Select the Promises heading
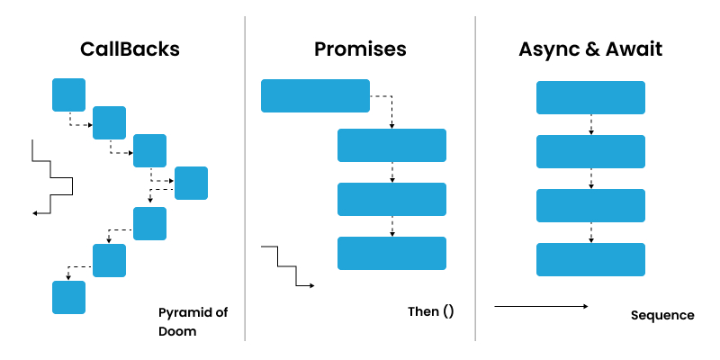click(360, 49)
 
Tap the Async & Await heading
click(590, 49)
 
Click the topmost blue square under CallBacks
click(68, 94)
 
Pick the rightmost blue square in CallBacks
click(191, 183)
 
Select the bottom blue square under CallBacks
click(68, 297)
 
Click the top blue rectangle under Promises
click(315, 95)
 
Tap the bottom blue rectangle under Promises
click(391, 253)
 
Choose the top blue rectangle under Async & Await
click(590, 97)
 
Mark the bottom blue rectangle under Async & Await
click(590, 259)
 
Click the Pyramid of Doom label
click(193, 321)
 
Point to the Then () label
click(431, 312)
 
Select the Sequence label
click(662, 315)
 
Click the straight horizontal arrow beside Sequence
click(541, 307)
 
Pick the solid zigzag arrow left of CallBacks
click(52, 178)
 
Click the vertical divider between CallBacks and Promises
click(245, 180)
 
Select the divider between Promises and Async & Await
click(475, 180)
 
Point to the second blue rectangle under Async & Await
click(590, 151)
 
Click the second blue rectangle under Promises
click(391, 145)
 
